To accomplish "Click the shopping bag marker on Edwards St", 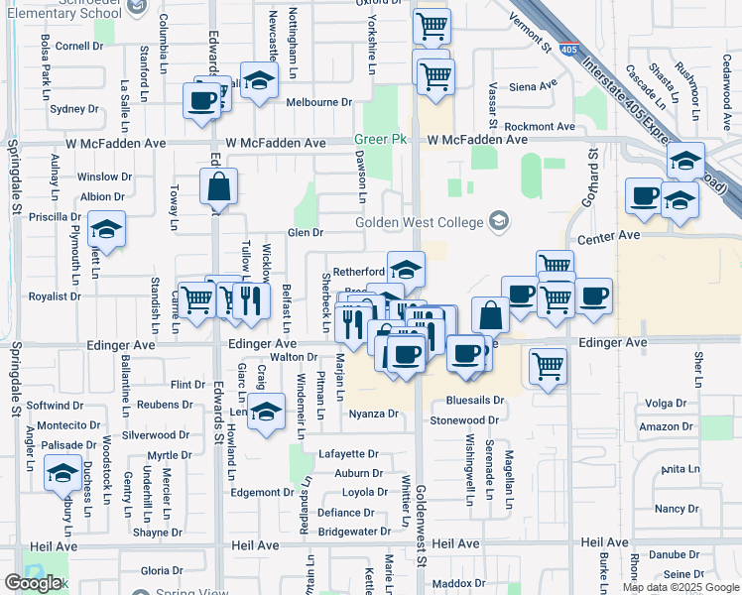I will coord(218,186).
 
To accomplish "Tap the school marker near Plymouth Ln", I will coord(106,230).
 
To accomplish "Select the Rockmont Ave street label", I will coord(540,127).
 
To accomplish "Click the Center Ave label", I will coord(610,236).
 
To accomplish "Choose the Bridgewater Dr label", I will coord(354,532).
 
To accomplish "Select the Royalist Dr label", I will coord(55,296).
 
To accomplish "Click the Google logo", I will coord(33,583).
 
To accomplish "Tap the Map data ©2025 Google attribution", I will coord(680,587).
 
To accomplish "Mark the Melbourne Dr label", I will coord(319,102).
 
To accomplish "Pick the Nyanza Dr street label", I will coord(373,414).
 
